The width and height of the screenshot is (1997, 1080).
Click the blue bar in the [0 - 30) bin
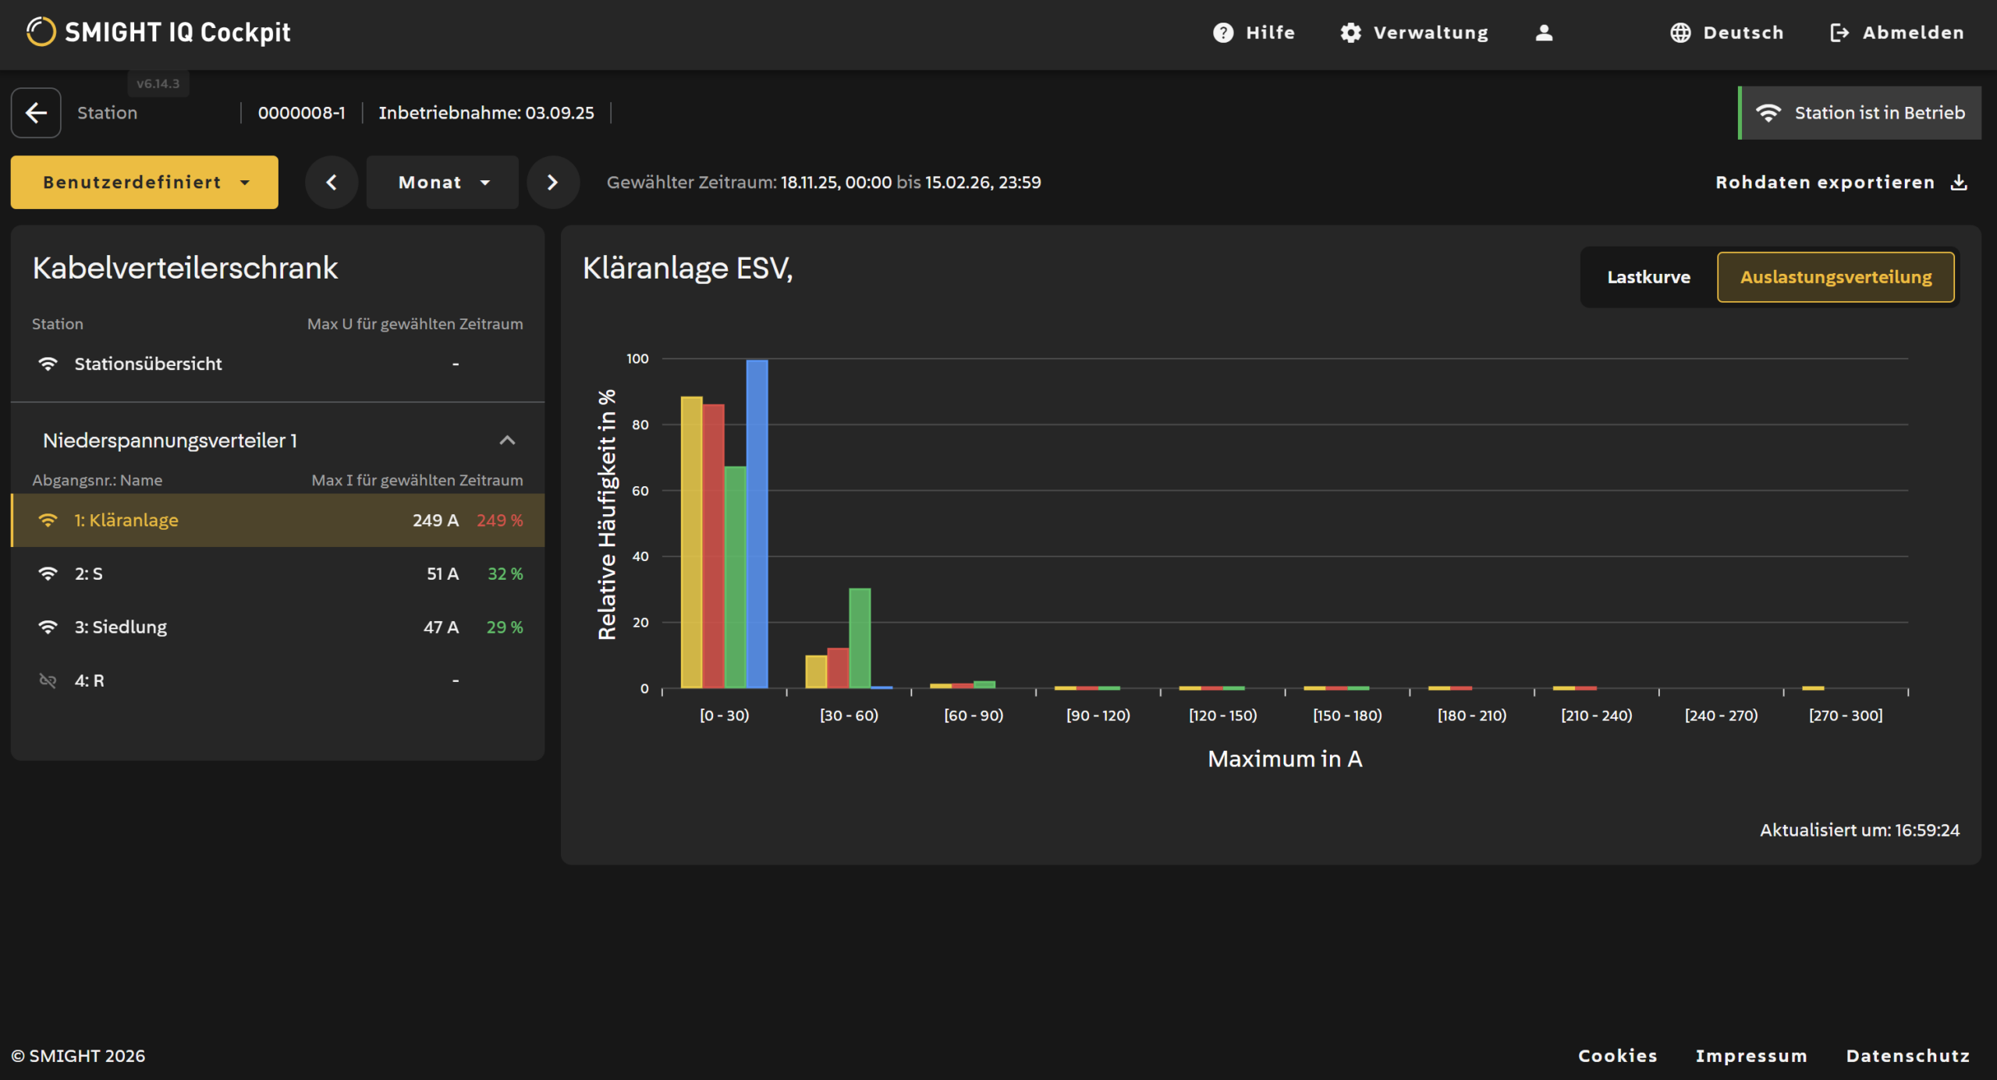point(757,524)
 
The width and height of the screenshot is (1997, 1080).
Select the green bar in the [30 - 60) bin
point(860,638)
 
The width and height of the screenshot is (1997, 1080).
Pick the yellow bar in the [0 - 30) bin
point(691,542)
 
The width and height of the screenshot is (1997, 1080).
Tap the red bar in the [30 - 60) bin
point(838,668)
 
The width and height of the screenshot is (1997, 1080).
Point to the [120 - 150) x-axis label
point(1222,716)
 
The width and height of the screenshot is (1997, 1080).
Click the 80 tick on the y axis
point(640,425)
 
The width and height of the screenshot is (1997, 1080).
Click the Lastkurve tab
point(1648,277)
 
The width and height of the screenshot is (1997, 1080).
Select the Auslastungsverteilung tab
point(1836,277)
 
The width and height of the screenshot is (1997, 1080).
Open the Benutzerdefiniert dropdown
point(144,182)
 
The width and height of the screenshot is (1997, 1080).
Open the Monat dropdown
point(442,182)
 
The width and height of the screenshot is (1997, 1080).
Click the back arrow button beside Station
point(36,113)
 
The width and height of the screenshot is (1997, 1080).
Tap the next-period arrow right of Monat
point(553,182)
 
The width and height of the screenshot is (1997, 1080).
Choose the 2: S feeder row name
point(88,574)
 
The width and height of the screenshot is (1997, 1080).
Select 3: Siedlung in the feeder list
point(120,627)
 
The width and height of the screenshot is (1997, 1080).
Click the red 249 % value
point(499,520)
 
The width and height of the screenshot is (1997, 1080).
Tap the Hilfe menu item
point(1254,33)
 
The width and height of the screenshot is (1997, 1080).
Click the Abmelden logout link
point(1896,33)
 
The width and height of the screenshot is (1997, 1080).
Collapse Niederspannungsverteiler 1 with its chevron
point(507,440)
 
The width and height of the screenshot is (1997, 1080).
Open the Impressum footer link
point(1751,1056)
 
